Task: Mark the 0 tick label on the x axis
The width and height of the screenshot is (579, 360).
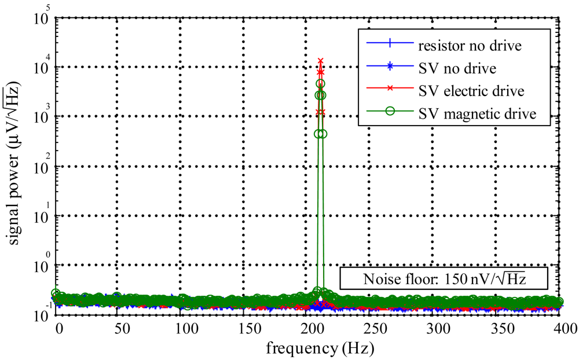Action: (59, 329)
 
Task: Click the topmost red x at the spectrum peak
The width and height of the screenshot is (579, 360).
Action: (320, 61)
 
